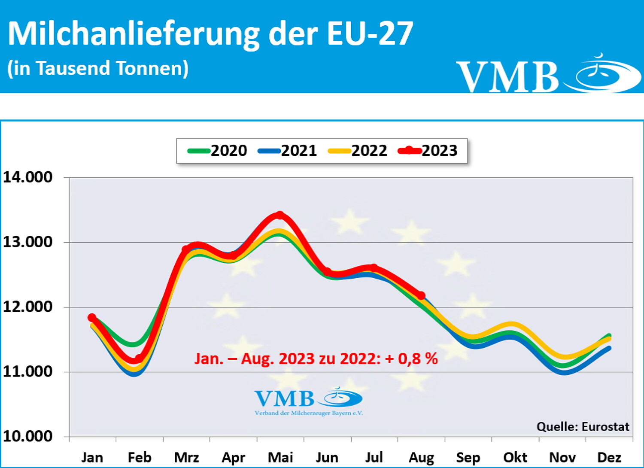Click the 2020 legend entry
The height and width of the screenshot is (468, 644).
(x=218, y=151)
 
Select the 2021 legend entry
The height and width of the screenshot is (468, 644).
(x=288, y=151)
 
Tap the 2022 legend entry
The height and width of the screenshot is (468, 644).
(x=358, y=151)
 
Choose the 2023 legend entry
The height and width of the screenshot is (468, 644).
(x=428, y=151)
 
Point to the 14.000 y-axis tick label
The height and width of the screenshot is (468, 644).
(x=28, y=177)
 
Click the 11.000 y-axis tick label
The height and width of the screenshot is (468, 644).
(x=28, y=371)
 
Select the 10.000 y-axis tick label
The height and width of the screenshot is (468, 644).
(x=28, y=436)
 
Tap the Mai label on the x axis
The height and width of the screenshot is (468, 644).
(x=280, y=457)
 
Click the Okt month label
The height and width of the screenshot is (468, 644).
(x=515, y=457)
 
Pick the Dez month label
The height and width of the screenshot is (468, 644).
(x=609, y=457)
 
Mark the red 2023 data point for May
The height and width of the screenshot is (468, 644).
(x=280, y=215)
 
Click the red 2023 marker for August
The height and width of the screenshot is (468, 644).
(x=421, y=295)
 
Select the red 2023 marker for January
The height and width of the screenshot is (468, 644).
(x=92, y=318)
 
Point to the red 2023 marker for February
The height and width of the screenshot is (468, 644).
(x=138, y=359)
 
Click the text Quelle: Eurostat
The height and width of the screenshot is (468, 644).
(x=583, y=427)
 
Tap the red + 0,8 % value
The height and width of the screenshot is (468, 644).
(x=411, y=359)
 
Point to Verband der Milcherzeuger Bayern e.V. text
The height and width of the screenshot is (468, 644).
(x=309, y=413)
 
